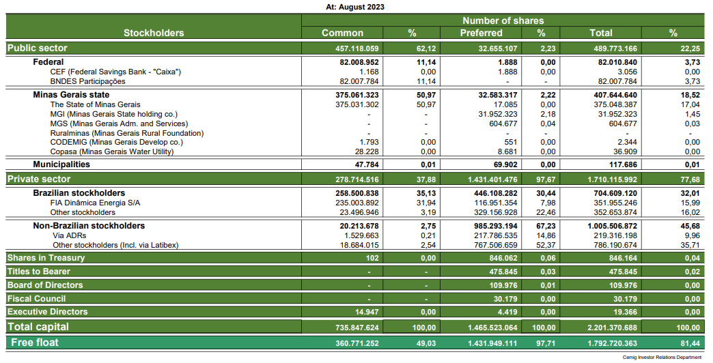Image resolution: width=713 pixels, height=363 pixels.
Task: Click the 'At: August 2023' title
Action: point(356,7)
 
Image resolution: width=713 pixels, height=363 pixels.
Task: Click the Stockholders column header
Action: point(154,33)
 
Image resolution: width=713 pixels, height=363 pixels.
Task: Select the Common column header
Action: point(342,33)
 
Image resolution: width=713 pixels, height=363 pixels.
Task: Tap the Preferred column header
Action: point(481,33)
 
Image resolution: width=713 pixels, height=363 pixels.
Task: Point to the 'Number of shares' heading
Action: point(503,21)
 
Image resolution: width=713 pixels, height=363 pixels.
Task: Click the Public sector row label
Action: point(38,48)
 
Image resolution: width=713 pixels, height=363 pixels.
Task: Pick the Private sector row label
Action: point(39,179)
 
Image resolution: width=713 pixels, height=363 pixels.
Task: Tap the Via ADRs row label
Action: point(69,235)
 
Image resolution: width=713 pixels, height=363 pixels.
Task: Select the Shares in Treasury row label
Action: point(46,258)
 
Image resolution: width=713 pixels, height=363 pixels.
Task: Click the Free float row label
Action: point(34,341)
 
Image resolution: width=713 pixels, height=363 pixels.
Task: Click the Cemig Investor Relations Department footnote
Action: point(662,357)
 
